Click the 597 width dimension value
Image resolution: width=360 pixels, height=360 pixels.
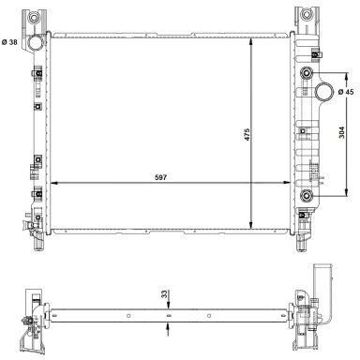[x=161, y=177]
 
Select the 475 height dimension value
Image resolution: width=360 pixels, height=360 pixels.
[x=247, y=134]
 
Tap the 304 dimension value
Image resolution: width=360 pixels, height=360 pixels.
[x=341, y=132]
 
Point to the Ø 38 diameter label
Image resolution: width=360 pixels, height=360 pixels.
[x=9, y=42]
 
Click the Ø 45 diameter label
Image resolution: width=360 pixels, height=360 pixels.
[x=346, y=92]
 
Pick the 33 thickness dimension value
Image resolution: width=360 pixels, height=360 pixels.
[x=164, y=293]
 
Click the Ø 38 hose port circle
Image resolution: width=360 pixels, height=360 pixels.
[x=35, y=42]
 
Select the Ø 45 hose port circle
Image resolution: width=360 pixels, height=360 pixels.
[x=323, y=91]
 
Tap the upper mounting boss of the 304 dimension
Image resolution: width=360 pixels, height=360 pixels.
[x=307, y=73]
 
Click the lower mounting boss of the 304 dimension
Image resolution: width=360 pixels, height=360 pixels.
[x=307, y=196]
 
